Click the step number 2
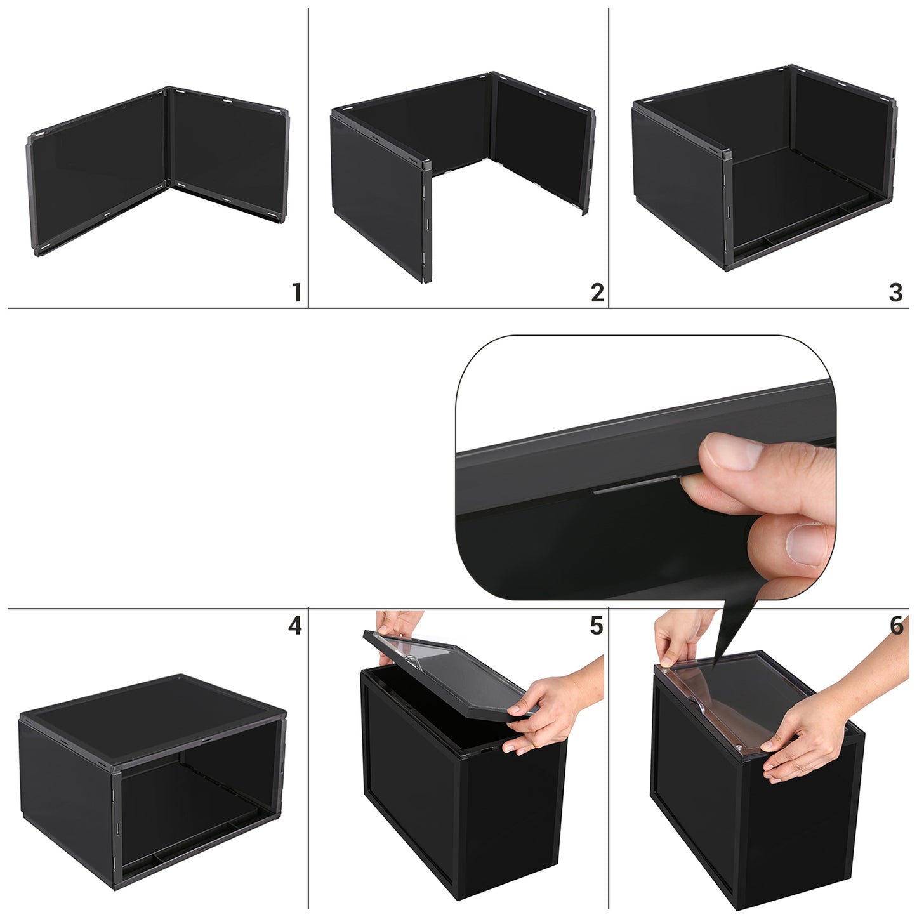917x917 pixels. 598,292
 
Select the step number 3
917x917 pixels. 896,292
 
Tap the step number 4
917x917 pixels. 295,625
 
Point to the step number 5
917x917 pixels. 597,625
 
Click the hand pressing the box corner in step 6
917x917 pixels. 831,728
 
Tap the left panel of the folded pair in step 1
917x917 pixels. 98,171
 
